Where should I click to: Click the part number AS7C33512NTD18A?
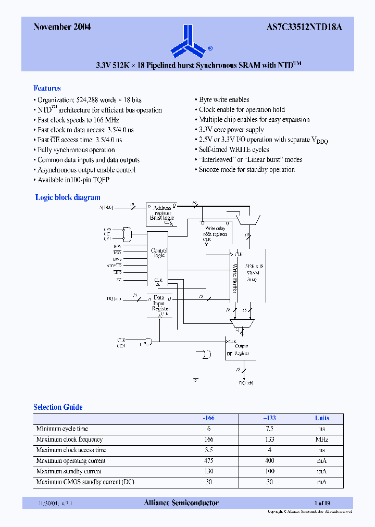pos(307,27)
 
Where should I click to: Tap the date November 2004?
pos(62,27)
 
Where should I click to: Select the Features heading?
pos(47,88)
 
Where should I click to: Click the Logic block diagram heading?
pos(68,197)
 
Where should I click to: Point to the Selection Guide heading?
pos(58,407)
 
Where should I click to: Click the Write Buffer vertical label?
pos(235,279)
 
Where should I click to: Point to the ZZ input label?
pos(119,280)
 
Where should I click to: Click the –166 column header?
pos(208,418)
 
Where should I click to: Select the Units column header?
pos(322,418)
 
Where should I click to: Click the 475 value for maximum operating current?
pos(208,461)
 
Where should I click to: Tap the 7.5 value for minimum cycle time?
pos(269,429)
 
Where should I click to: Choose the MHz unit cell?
pos(322,440)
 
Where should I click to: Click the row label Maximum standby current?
pos(69,471)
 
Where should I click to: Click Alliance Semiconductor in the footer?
pos(181,503)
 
